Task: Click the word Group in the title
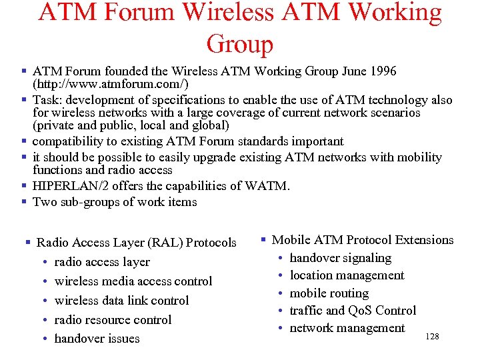click(x=240, y=44)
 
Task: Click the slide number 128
click(x=432, y=337)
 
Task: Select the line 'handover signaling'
click(x=341, y=258)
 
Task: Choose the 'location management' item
click(x=347, y=275)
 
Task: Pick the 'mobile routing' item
click(x=329, y=293)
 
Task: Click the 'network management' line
click(x=347, y=328)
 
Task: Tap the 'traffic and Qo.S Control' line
click(x=353, y=311)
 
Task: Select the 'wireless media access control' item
click(x=133, y=281)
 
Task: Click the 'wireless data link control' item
click(x=121, y=301)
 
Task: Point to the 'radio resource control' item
click(x=113, y=320)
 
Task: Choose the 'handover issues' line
click(x=97, y=339)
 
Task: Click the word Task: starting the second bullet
click(x=47, y=100)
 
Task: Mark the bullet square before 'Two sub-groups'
click(x=24, y=201)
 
